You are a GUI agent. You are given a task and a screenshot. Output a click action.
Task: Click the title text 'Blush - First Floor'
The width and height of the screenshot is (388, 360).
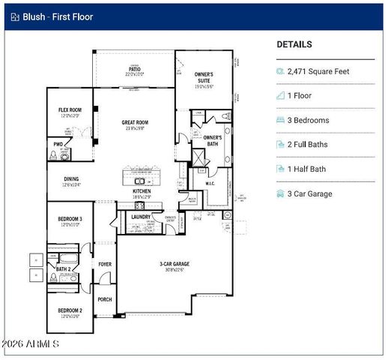[57, 16]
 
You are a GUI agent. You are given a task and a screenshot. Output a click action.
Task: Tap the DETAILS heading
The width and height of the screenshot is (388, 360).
[294, 44]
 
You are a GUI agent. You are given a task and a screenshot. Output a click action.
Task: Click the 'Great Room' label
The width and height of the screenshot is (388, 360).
[136, 121]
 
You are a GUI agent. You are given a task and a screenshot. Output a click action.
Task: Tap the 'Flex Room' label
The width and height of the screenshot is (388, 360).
[70, 110]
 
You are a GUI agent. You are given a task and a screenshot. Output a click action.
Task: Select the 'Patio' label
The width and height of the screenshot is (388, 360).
[133, 70]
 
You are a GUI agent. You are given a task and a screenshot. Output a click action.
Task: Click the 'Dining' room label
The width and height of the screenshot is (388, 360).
[70, 179]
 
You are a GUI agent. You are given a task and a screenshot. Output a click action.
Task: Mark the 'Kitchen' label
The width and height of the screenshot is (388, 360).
[142, 191]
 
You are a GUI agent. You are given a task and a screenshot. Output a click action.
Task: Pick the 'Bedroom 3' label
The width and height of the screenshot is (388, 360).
[70, 219]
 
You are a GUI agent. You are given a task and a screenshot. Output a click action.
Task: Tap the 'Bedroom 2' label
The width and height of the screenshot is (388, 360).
[70, 310]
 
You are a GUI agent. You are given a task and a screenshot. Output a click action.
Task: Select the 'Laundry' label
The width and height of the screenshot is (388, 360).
[140, 217]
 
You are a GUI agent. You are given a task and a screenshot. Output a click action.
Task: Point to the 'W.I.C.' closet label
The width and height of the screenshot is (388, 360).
[210, 183]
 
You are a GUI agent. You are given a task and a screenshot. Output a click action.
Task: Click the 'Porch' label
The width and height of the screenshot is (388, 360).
[104, 299]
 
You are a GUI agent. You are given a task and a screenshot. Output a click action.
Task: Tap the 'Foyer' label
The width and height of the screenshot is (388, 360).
[104, 264]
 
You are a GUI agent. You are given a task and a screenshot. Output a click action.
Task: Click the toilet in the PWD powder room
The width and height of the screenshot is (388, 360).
[53, 154]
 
